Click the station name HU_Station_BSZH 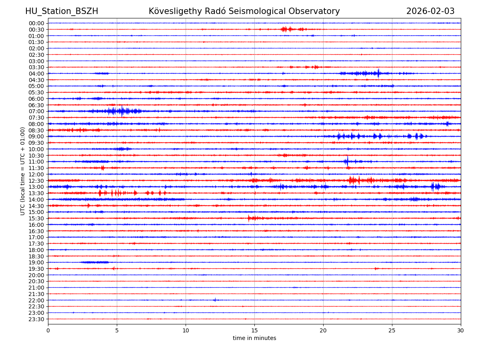pos(62,11)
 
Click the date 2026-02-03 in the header pos(430,11)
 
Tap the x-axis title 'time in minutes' pos(254,338)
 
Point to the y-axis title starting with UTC pos(23,171)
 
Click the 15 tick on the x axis pos(254,330)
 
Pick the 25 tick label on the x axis pos(392,330)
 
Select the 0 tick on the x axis pos(48,330)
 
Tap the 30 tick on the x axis pos(461,330)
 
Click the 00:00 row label pos(36,23)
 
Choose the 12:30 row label pos(36,181)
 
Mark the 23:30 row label pos(36,319)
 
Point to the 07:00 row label pos(36,111)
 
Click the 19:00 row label pos(36,262)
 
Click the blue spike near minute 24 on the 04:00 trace pos(378,73)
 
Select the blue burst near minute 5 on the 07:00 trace pos(122,111)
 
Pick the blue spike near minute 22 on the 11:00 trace pos(347,162)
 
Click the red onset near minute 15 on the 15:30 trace pos(249,218)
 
